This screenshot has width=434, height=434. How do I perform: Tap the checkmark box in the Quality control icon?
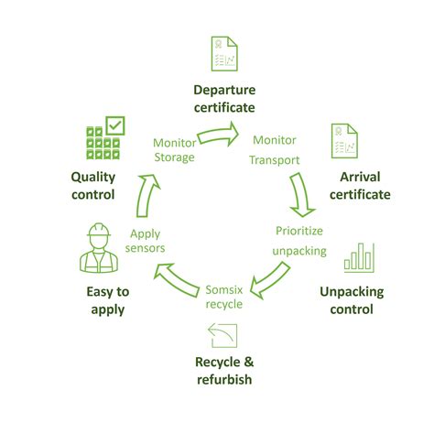point(115,125)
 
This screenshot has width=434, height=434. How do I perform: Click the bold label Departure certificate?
point(224,98)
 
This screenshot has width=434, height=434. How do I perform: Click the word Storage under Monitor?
point(174,157)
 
